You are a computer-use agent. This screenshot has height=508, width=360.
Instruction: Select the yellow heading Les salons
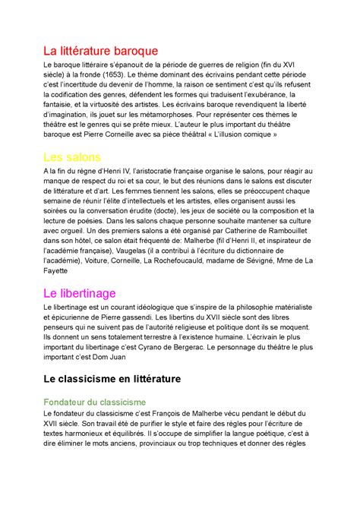click(74, 158)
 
